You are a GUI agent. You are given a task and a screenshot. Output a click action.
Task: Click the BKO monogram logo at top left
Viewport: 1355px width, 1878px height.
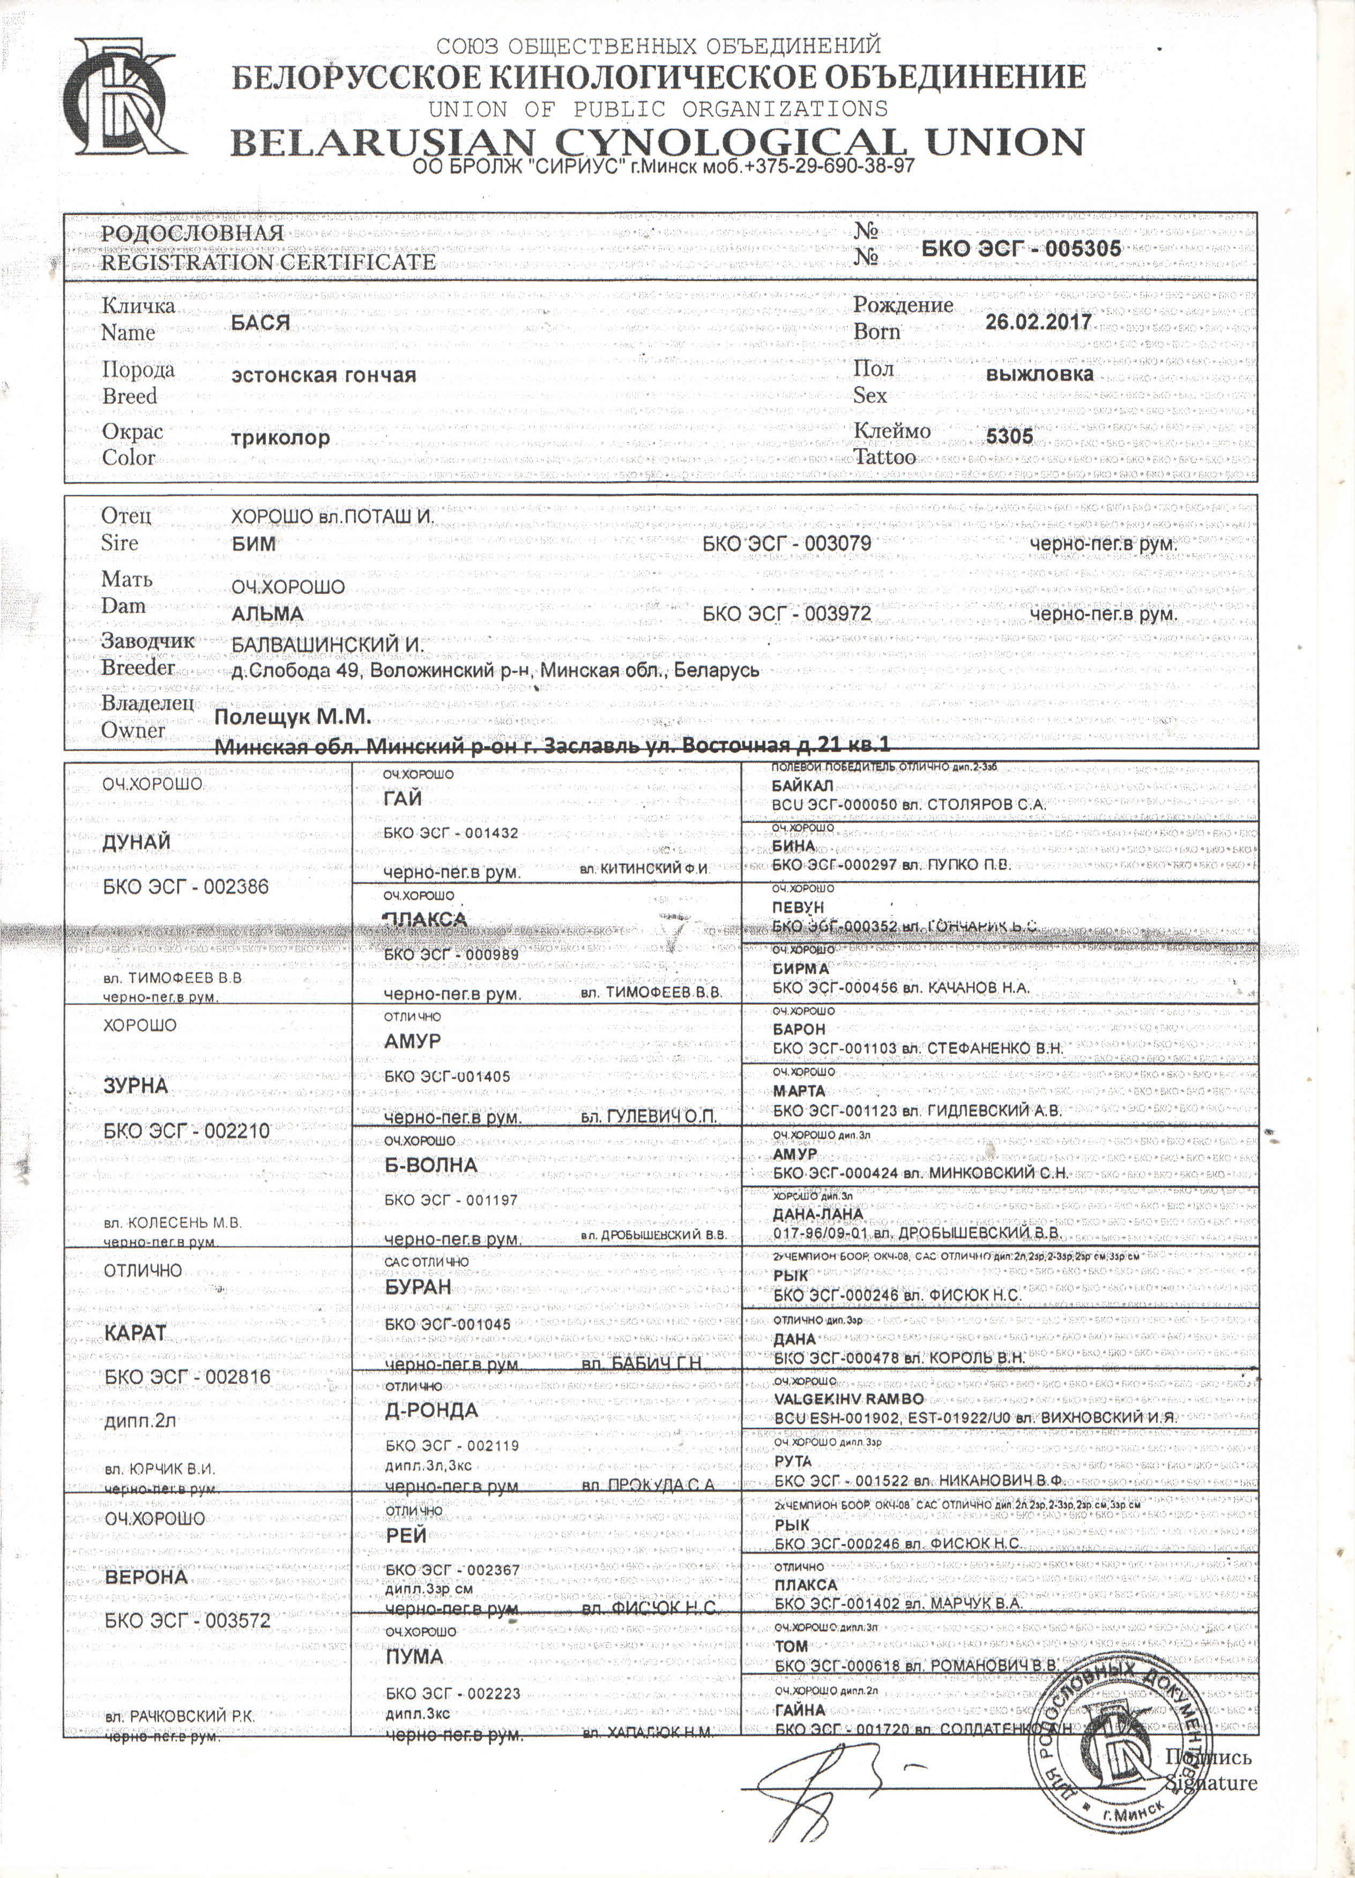124,99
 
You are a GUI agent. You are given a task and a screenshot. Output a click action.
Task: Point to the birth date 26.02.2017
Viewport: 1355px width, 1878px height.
1038,321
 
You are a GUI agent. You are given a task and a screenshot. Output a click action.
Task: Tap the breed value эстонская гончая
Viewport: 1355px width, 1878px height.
323,375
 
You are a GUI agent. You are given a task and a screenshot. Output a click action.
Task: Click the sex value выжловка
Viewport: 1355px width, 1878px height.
1039,374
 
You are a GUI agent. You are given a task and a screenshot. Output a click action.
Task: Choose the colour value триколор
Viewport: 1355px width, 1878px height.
280,437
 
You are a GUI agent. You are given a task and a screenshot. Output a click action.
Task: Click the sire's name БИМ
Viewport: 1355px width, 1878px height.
254,544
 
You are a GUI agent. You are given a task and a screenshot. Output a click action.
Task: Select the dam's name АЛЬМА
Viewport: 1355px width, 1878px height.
267,614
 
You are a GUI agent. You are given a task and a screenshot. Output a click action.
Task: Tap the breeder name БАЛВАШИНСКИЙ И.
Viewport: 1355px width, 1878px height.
327,645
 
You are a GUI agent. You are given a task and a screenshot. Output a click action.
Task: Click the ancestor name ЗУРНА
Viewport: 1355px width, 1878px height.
135,1085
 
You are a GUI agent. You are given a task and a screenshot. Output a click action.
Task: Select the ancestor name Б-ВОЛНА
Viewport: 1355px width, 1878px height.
431,1165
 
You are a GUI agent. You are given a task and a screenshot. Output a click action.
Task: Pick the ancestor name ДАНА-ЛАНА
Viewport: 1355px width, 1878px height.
817,1214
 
